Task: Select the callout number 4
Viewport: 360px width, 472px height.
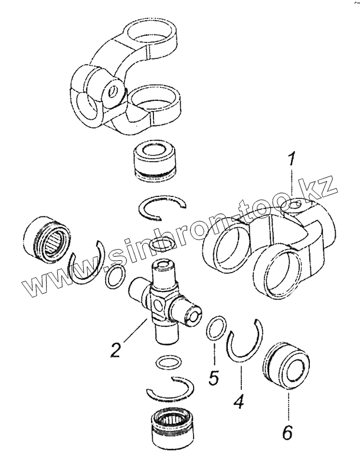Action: tap(238, 401)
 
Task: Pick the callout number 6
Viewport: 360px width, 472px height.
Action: tap(287, 432)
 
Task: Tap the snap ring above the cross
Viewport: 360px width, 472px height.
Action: tap(162, 208)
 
